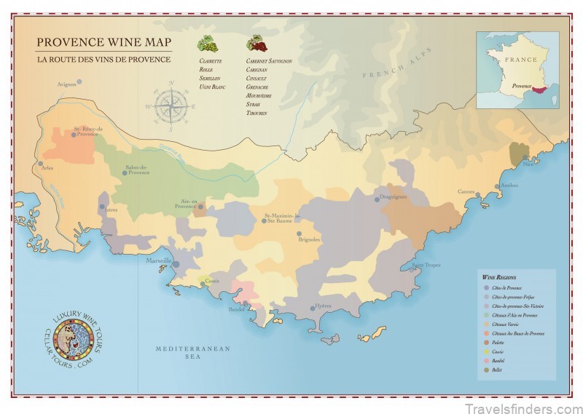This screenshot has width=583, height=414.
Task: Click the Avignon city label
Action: (66, 85)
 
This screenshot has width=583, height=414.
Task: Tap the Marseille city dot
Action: (175, 264)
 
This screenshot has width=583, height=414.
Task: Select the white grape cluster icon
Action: (208, 44)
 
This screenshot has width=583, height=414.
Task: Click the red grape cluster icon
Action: (256, 44)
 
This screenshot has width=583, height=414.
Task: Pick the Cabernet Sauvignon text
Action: (269, 61)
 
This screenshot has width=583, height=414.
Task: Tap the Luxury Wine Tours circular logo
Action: (71, 336)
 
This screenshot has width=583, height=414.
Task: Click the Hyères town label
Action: (324, 306)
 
